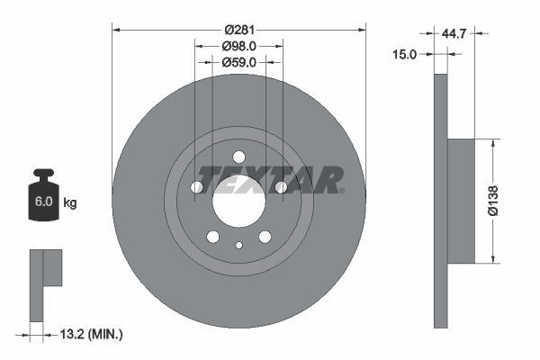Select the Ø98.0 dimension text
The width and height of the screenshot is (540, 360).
click(x=239, y=45)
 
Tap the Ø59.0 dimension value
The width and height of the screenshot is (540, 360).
click(x=239, y=62)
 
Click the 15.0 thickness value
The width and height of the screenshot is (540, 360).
click(x=406, y=54)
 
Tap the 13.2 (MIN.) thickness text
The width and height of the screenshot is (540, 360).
click(x=89, y=335)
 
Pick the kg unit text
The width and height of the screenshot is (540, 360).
click(x=69, y=203)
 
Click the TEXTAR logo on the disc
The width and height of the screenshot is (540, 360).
click(x=270, y=178)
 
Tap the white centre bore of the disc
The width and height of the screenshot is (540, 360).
click(x=238, y=200)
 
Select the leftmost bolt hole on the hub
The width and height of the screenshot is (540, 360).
click(x=197, y=187)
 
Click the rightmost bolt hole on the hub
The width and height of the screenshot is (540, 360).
click(x=281, y=187)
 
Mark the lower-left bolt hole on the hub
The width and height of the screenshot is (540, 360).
click(x=213, y=237)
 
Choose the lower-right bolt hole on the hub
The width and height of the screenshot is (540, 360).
click(x=265, y=237)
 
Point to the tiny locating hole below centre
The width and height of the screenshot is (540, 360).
click(x=238, y=246)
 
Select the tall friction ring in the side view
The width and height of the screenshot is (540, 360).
click(x=440, y=200)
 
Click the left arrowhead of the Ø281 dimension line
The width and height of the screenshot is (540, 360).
click(x=115, y=31)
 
